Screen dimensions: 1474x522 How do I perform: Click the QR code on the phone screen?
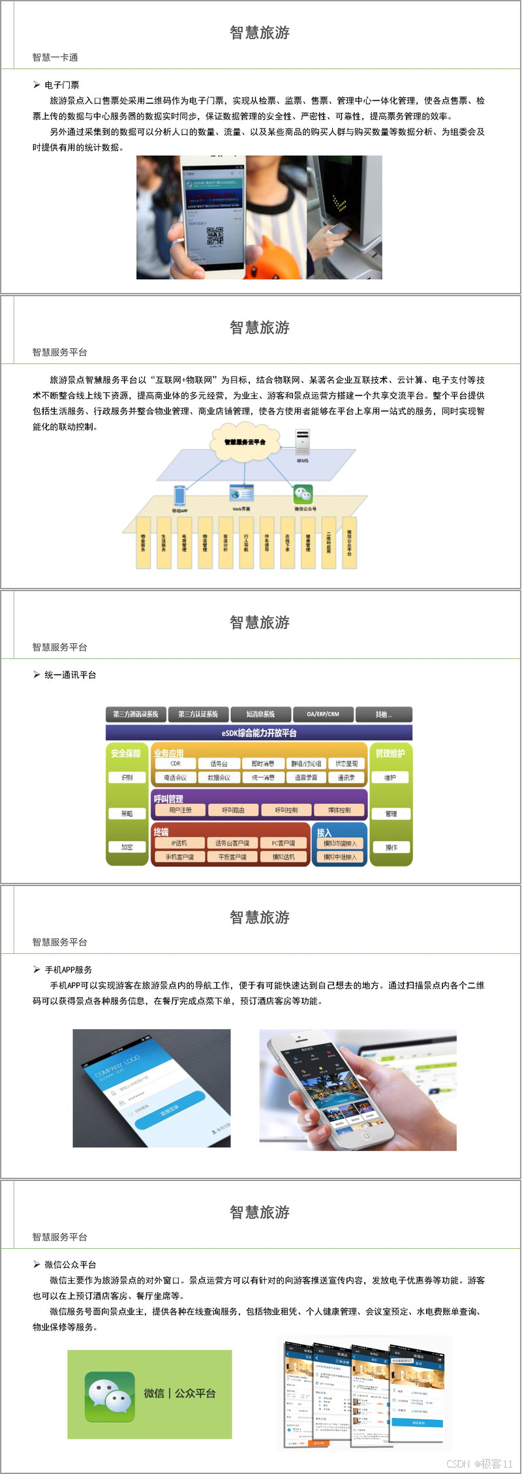click(x=215, y=236)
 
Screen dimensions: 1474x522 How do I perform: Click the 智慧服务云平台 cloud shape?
click(x=245, y=442)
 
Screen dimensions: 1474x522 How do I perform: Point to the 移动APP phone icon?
click(x=180, y=495)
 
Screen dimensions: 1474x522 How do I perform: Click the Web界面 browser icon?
click(x=241, y=494)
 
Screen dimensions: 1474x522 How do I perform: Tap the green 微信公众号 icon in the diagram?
click(x=303, y=494)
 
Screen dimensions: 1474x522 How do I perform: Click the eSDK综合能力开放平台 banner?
click(x=259, y=733)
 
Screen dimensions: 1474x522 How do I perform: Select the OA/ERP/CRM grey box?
click(x=323, y=714)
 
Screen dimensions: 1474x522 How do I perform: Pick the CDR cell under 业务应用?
click(x=176, y=763)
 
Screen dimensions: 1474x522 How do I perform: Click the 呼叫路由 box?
click(x=233, y=810)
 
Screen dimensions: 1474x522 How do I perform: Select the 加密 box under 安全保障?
click(x=127, y=847)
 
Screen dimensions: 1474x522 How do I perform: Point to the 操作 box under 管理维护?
click(x=391, y=847)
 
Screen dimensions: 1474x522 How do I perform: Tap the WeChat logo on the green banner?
click(x=110, y=1393)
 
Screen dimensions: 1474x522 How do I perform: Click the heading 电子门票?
click(x=62, y=85)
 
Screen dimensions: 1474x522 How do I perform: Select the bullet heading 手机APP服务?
click(x=68, y=970)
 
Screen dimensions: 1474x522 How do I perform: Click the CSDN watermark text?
click(x=480, y=1464)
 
